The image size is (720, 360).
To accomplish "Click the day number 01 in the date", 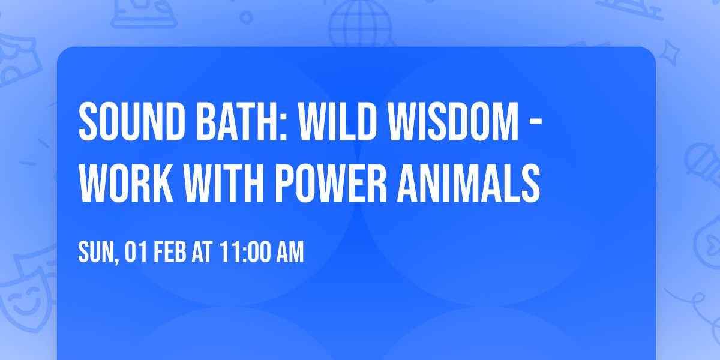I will [136, 253].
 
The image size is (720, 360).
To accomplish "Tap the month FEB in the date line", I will [172, 253].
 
